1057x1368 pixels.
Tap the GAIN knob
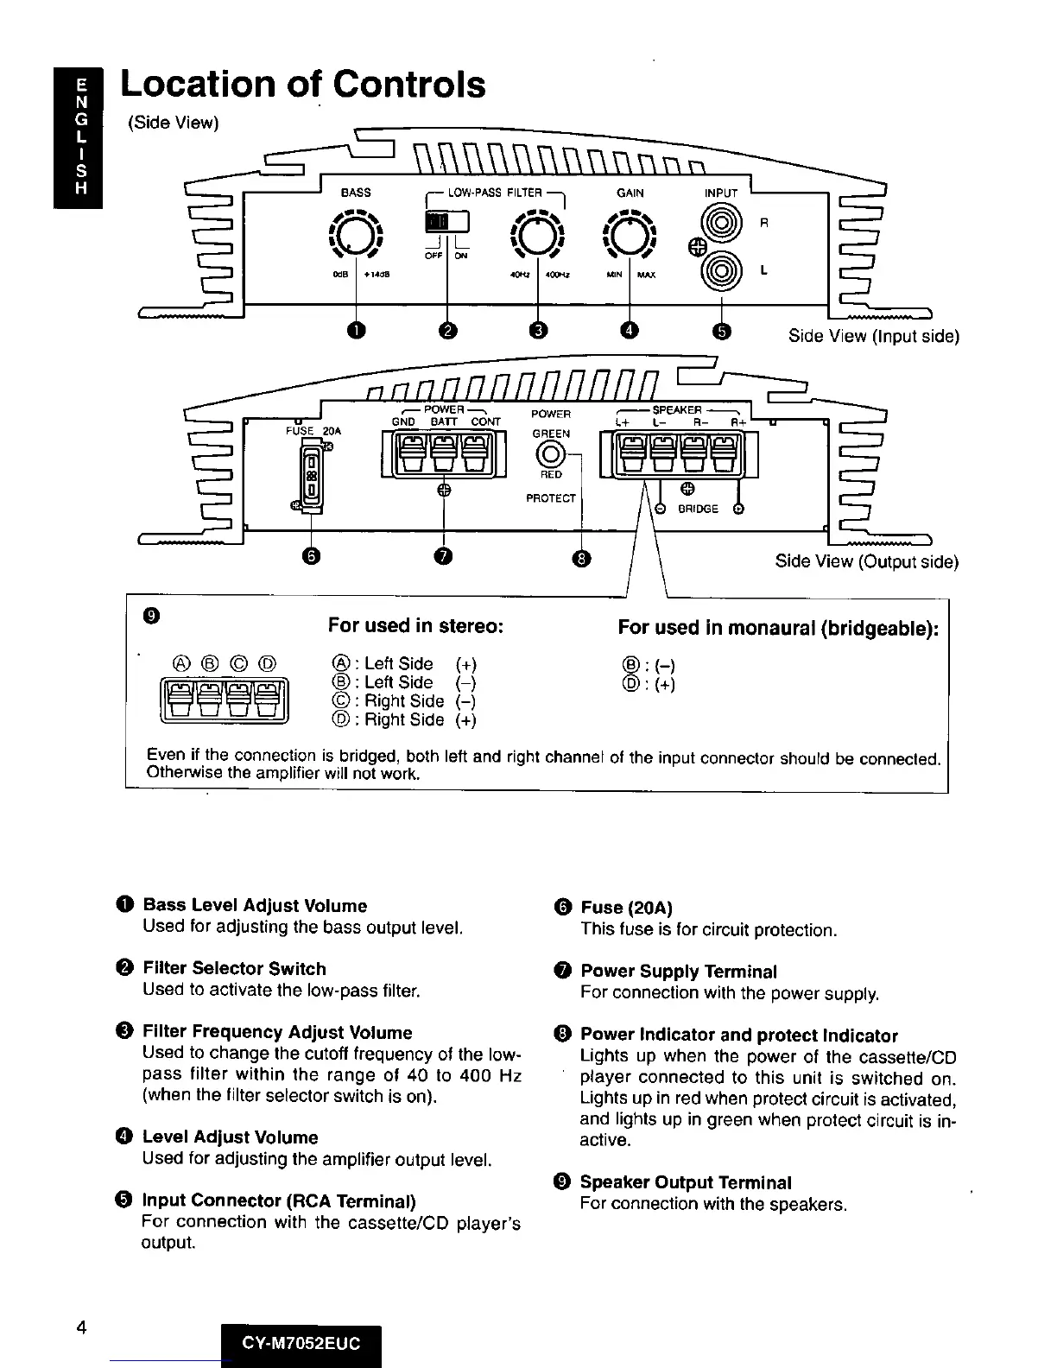pyautogui.click(x=630, y=235)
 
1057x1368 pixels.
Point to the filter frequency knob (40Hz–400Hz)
pyautogui.click(x=537, y=235)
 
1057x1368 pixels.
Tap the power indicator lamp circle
pyautogui.click(x=551, y=452)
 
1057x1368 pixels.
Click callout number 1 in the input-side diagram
pyautogui.click(x=357, y=332)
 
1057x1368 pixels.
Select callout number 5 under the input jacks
pyautogui.click(x=722, y=332)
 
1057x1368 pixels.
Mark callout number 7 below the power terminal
pyautogui.click(x=443, y=558)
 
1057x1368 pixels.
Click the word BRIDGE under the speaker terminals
pyautogui.click(x=698, y=509)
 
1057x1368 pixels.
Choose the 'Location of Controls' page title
pyautogui.click(x=303, y=85)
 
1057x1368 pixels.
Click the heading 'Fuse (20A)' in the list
pyautogui.click(x=626, y=908)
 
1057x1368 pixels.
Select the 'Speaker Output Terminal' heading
pyautogui.click(x=686, y=1182)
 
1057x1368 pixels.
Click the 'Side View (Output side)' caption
pyautogui.click(x=866, y=561)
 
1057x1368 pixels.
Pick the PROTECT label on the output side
pyautogui.click(x=551, y=498)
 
